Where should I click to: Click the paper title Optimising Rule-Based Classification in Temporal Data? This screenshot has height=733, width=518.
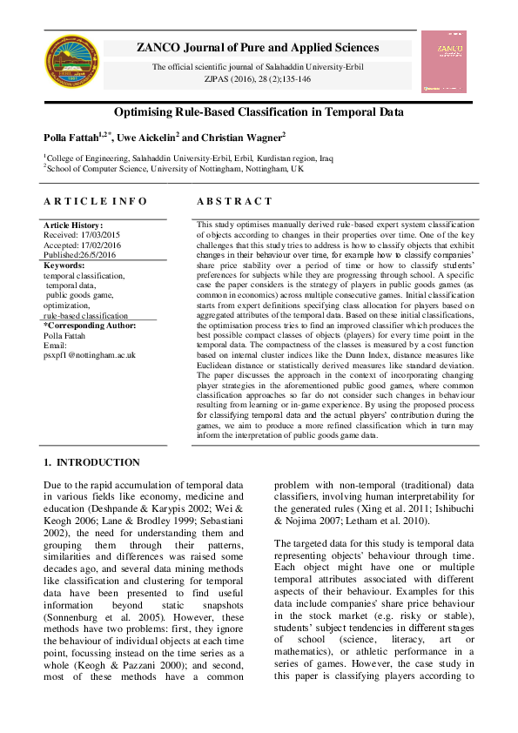(x=259, y=113)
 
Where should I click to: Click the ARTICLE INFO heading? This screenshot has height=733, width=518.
(x=95, y=201)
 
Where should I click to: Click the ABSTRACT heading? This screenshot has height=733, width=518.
(x=234, y=201)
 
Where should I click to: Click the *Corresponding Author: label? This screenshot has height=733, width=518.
(x=91, y=325)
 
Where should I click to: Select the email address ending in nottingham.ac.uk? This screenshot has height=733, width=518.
(x=90, y=355)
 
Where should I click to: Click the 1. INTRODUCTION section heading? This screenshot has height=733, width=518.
(x=91, y=462)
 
